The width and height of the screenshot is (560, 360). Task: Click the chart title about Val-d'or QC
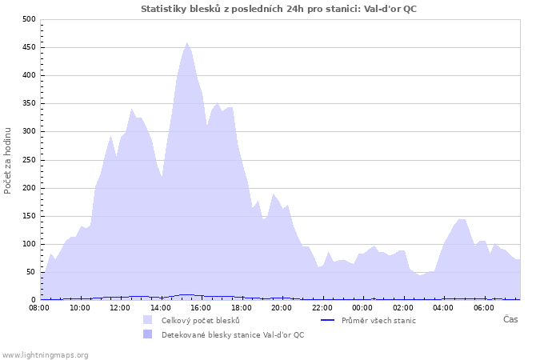click(278, 9)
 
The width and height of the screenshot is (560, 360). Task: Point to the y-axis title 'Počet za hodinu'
click(8, 160)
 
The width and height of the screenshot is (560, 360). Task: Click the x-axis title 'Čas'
click(510, 319)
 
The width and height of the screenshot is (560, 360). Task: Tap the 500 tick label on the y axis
click(29, 19)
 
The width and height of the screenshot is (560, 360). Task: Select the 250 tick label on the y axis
click(29, 160)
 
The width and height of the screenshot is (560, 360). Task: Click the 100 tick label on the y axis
click(29, 244)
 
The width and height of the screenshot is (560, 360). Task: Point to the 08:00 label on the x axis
click(39, 307)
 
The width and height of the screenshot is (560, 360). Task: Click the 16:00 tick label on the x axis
click(201, 307)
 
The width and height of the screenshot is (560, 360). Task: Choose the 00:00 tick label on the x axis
click(362, 307)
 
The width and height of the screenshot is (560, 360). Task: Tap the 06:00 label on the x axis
click(484, 307)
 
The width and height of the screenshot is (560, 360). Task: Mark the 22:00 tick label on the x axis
click(322, 307)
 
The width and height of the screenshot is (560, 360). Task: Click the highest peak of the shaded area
click(187, 43)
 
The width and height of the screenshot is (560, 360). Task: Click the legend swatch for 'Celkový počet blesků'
click(148, 320)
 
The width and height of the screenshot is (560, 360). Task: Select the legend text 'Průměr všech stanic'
click(378, 320)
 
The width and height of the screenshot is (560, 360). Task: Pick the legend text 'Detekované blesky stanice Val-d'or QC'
click(233, 335)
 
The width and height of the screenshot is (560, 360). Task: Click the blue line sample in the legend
click(326, 320)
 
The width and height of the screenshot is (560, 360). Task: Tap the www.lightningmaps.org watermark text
click(45, 354)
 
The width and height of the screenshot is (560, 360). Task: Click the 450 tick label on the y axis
click(29, 47)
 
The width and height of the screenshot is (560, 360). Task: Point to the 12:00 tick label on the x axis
click(120, 307)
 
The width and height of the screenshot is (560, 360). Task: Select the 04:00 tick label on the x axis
click(443, 307)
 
